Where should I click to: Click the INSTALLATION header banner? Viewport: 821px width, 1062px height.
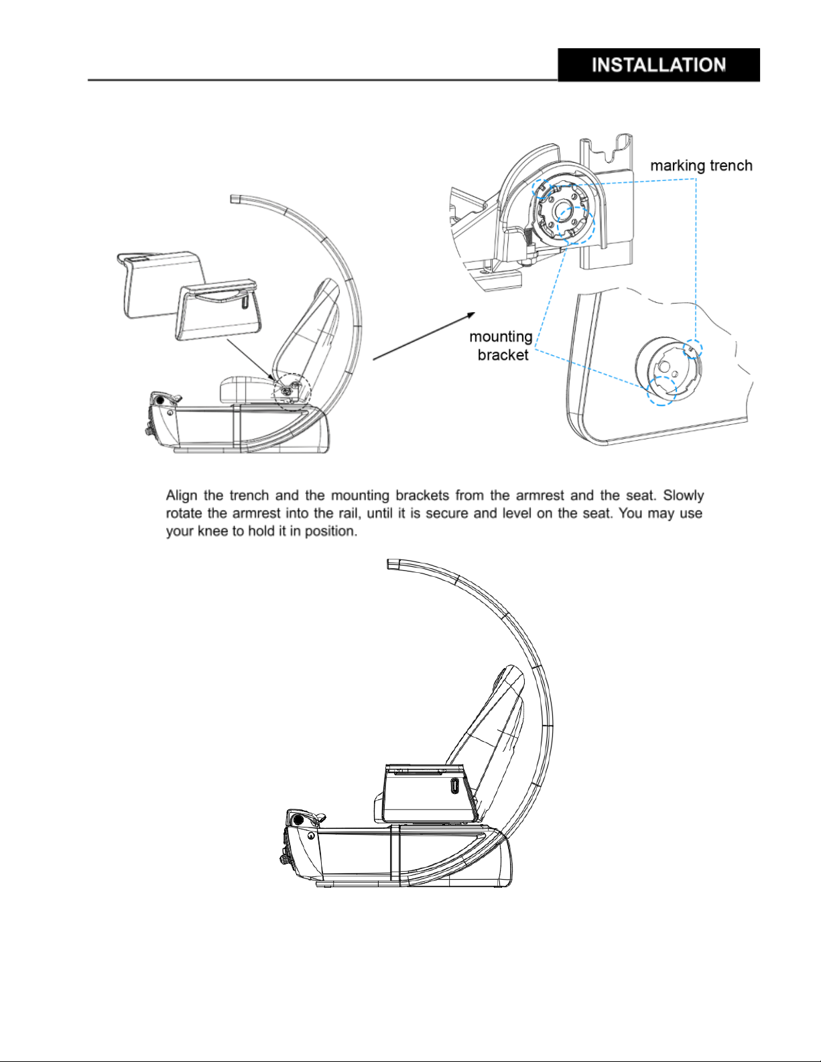click(x=659, y=65)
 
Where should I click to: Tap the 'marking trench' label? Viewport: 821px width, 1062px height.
click(x=701, y=165)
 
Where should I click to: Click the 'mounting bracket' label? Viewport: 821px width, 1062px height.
click(x=501, y=346)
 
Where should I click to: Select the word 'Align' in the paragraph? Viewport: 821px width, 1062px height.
click(x=182, y=496)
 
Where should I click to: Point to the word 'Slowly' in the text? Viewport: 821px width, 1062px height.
click(x=683, y=496)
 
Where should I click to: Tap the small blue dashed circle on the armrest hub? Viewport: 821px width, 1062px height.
click(x=693, y=348)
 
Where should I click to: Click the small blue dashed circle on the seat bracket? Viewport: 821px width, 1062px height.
click(x=542, y=188)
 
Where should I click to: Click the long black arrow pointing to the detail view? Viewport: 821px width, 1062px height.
click(x=424, y=336)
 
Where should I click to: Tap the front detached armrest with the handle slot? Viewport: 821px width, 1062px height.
click(x=219, y=310)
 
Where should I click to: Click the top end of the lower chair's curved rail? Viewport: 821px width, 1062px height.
click(x=388, y=564)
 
